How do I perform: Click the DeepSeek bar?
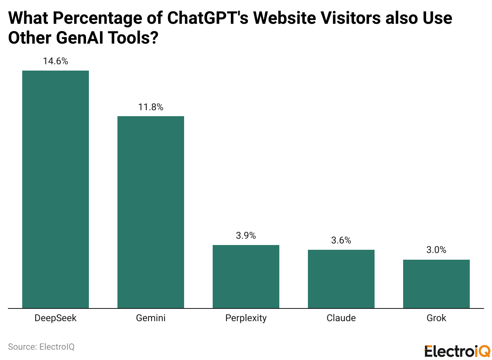click(56, 189)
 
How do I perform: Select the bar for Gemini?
click(151, 212)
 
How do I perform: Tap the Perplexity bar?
click(246, 276)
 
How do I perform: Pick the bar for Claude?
click(341, 279)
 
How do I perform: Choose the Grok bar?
click(436, 284)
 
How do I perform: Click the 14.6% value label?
click(56, 61)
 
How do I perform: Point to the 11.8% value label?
click(151, 107)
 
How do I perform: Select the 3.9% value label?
click(246, 236)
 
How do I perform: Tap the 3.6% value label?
click(341, 240)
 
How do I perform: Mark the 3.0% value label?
click(436, 250)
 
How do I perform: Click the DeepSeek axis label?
click(56, 318)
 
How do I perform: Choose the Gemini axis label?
click(151, 318)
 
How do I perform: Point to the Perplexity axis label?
click(246, 318)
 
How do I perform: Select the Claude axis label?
click(341, 318)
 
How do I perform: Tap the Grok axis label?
click(436, 318)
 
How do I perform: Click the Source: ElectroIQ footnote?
click(41, 347)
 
